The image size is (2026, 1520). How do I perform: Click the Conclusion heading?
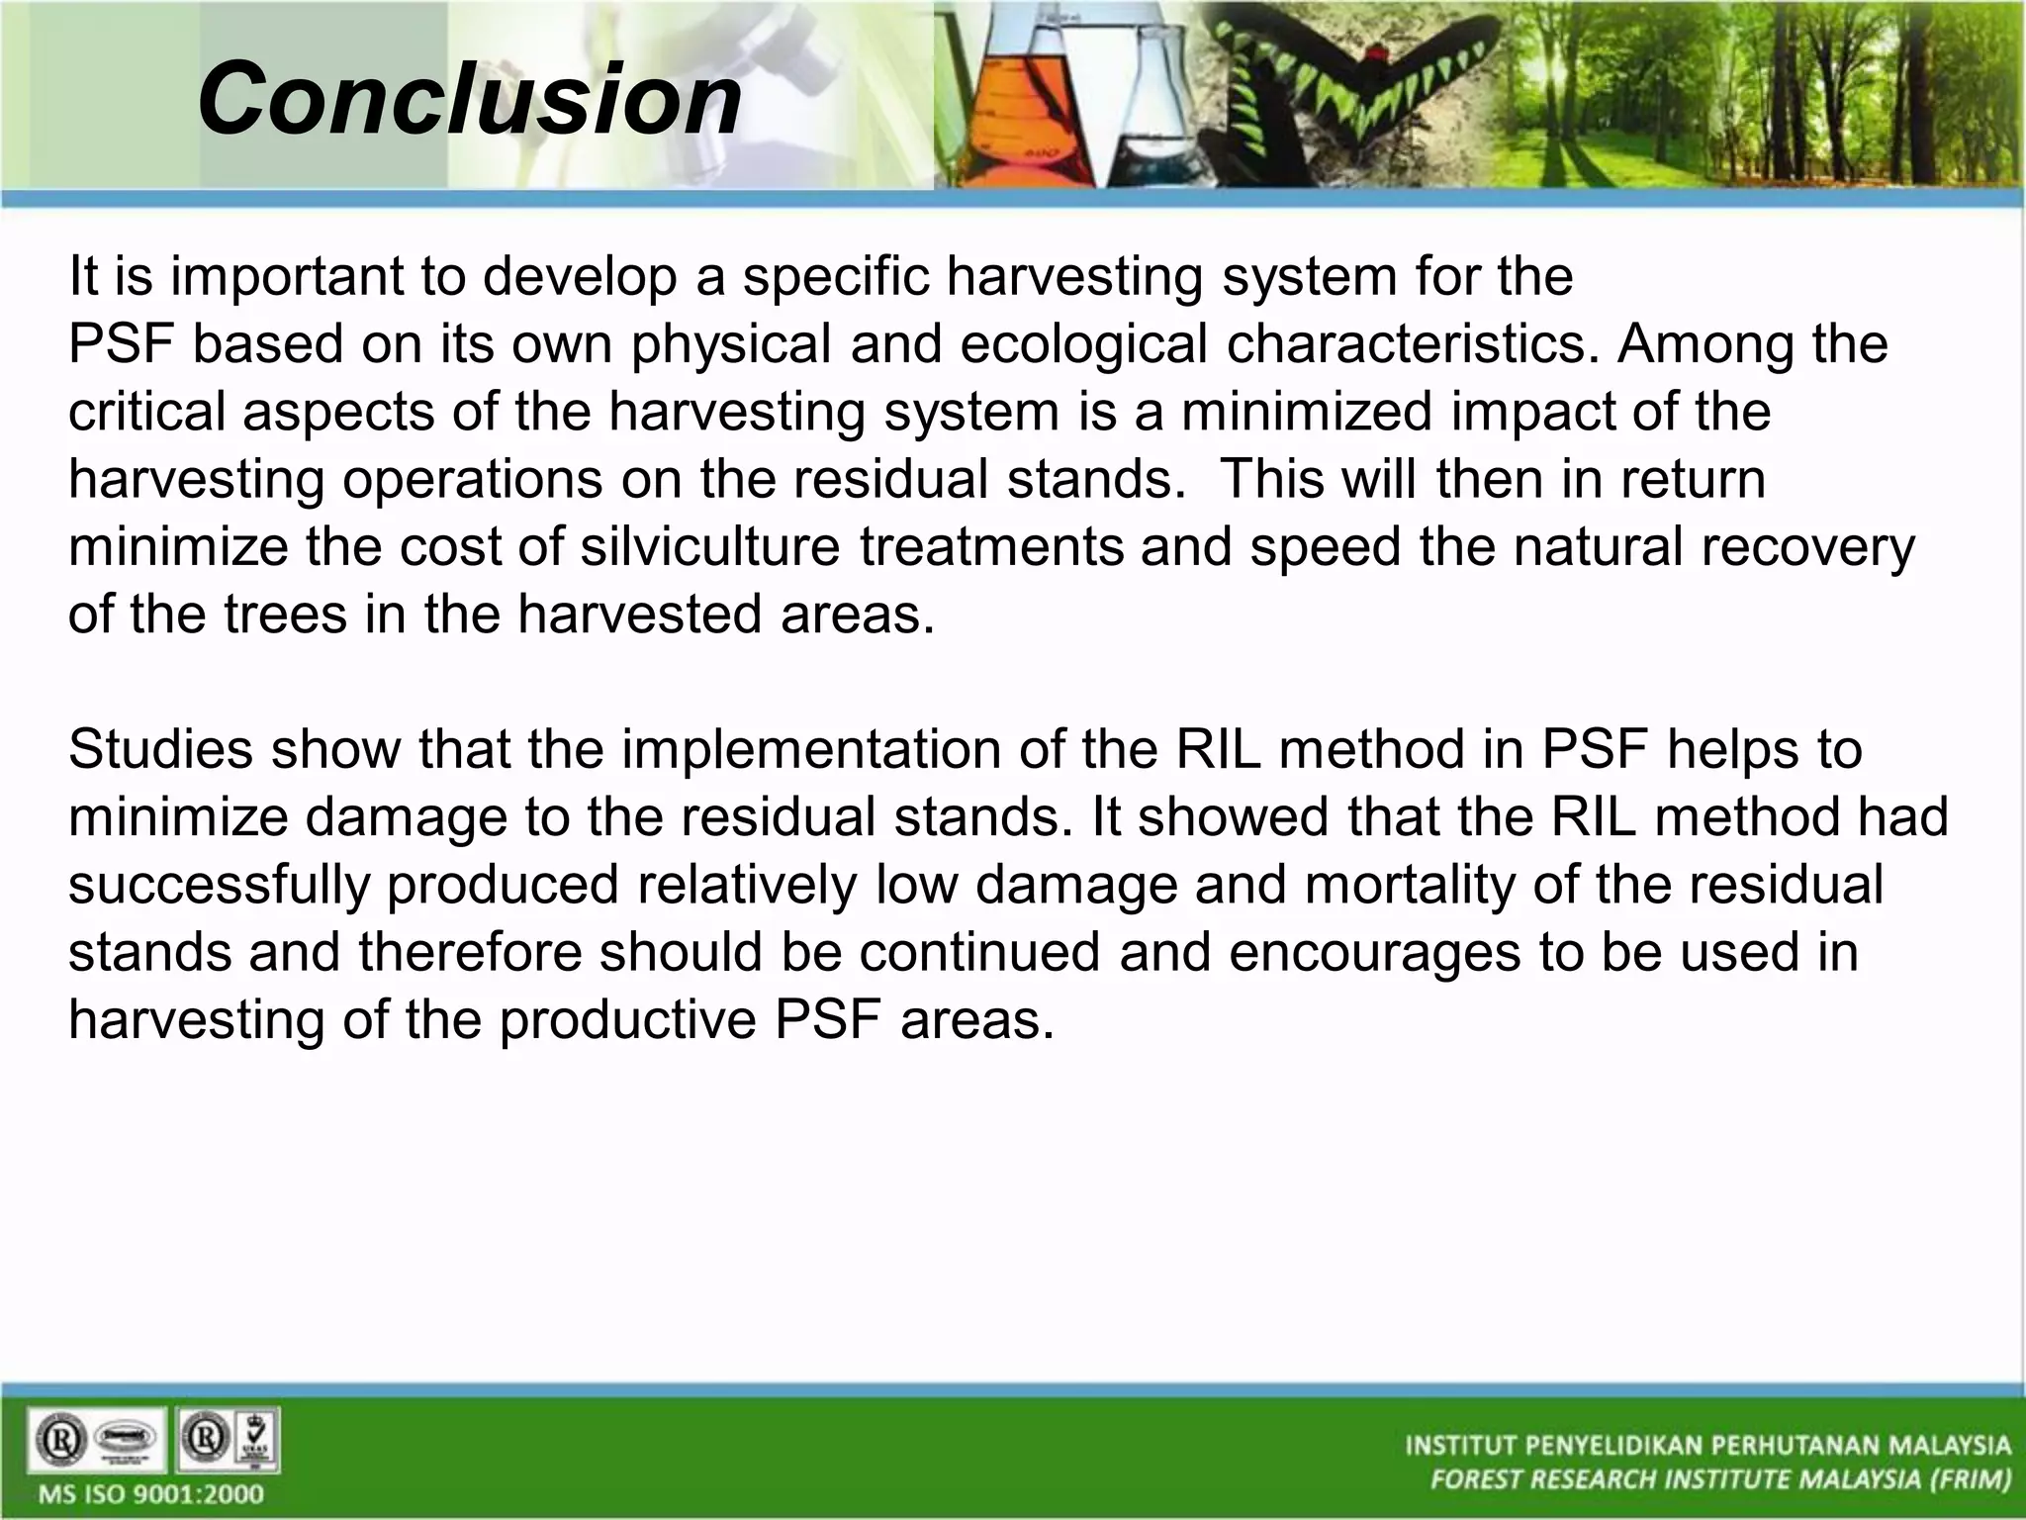[x=469, y=99]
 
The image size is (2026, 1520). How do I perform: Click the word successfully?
[x=219, y=885]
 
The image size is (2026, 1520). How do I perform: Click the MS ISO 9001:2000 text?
[x=151, y=1493]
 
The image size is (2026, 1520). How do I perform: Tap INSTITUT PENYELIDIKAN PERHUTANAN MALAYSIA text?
[x=1707, y=1446]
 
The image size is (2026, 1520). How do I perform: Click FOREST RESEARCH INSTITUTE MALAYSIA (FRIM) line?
[x=1720, y=1480]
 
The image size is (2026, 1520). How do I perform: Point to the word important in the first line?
[x=286, y=277]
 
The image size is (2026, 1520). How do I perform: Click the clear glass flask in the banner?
[x=1167, y=109]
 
